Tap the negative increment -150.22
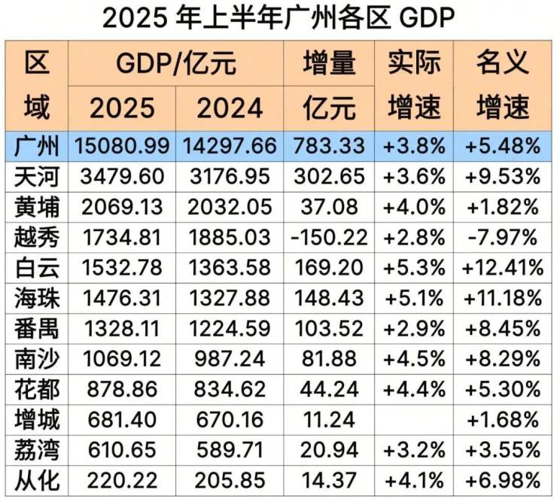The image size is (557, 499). click(x=328, y=238)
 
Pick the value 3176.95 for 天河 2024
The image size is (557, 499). click(x=230, y=177)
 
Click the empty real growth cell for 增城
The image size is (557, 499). click(x=415, y=418)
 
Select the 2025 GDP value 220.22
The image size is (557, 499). click(x=122, y=479)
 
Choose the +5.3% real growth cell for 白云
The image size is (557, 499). click(x=415, y=268)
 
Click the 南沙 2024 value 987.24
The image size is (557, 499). click(x=230, y=358)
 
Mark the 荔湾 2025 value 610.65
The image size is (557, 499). click(x=122, y=449)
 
